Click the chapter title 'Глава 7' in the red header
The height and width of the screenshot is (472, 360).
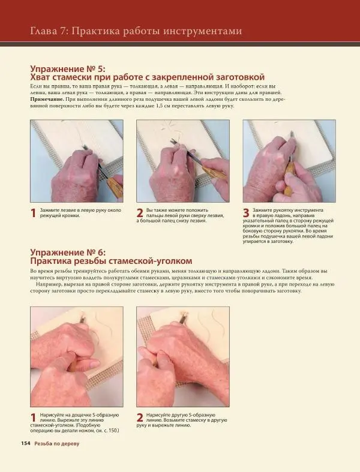click(x=49, y=31)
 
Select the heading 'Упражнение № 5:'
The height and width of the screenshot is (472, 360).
click(x=68, y=68)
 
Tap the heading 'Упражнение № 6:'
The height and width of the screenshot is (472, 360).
click(x=68, y=252)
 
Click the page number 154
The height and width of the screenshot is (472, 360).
click(x=26, y=443)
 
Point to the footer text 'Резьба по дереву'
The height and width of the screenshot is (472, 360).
click(x=56, y=444)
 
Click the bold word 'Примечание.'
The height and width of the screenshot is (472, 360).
click(x=47, y=99)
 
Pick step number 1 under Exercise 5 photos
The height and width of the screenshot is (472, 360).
click(x=34, y=213)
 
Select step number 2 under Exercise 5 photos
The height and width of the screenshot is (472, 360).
click(x=140, y=213)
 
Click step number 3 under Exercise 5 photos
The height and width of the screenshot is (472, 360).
click(x=246, y=213)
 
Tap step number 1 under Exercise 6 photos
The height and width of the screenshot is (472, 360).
click(x=34, y=418)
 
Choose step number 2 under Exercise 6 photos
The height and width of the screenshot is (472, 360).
click(x=140, y=418)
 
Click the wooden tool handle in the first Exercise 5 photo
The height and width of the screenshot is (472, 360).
click(x=115, y=187)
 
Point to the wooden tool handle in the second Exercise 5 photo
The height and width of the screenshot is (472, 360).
click(x=214, y=173)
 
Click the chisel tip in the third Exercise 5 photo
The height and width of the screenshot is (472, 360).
click(x=292, y=133)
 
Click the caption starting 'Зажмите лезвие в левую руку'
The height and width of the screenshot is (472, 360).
click(x=81, y=213)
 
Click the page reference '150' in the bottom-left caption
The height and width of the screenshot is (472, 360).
click(x=113, y=431)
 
